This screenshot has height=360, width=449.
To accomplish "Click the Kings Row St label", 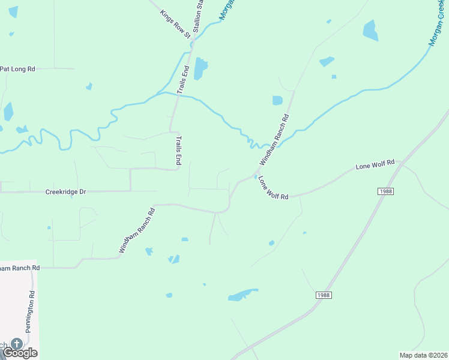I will [175, 24].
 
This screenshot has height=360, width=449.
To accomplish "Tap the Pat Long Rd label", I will [17, 69].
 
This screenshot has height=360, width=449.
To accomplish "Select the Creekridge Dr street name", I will [66, 192].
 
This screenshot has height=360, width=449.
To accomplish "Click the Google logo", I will [20, 353].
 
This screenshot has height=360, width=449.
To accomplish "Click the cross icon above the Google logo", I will [17, 343].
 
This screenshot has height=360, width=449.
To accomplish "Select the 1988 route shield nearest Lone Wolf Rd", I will [386, 191].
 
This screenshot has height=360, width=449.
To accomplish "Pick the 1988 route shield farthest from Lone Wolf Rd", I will [323, 295].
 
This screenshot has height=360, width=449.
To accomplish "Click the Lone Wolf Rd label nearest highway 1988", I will [375, 163].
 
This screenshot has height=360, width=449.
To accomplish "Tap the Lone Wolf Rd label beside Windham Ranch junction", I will [274, 188].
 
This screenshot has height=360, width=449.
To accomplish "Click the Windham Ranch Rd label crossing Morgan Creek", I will [274, 140].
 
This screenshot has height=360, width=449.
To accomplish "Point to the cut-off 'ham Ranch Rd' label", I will [19, 268].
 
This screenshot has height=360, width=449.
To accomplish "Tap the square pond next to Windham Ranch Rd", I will [277, 100].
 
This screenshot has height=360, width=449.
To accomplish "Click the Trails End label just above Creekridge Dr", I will [178, 150].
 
